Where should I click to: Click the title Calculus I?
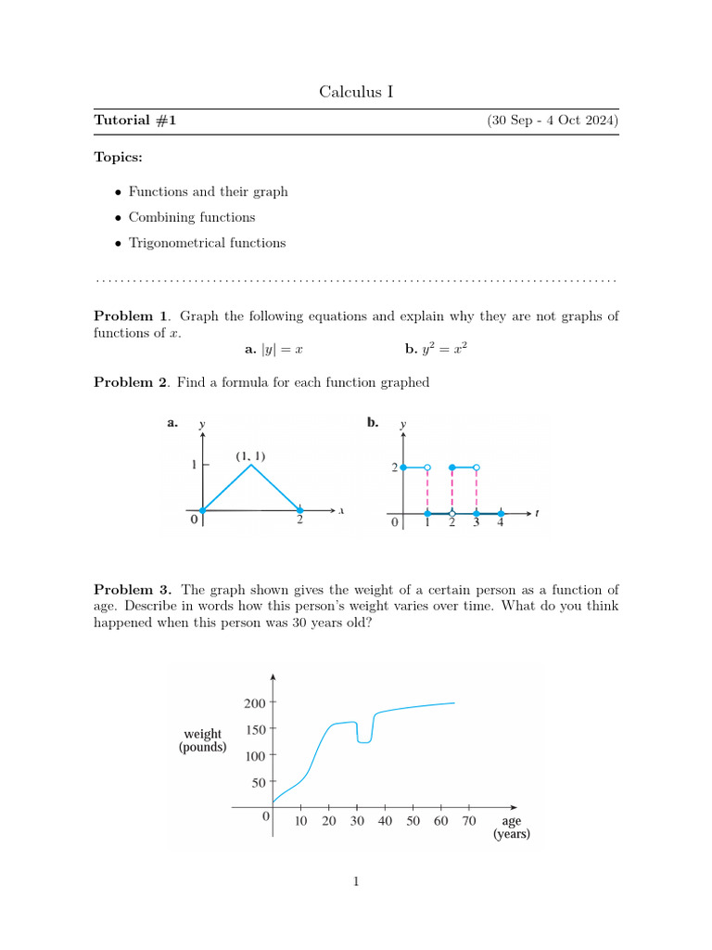pos(356,91)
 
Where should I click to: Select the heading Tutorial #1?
pos(134,121)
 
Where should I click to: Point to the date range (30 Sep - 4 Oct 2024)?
pos(553,121)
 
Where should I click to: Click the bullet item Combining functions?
pos(192,217)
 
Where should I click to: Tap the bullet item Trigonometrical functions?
pos(207,243)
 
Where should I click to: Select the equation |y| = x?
pos(274,350)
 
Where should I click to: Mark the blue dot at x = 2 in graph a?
pos(299,510)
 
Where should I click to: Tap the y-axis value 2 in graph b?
pos(393,468)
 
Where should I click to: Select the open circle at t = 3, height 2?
pos(477,468)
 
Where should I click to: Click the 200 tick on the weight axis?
pos(255,703)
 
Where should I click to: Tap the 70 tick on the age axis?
pos(469,821)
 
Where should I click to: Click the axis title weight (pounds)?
pos(202,740)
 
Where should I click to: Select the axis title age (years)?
pos(511,828)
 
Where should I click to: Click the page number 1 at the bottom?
pos(356,881)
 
